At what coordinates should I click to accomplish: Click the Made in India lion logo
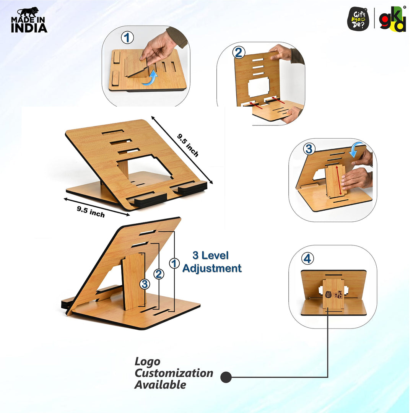(x=29, y=20)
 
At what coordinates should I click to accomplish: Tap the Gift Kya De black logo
(x=358, y=19)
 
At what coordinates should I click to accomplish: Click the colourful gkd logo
(x=392, y=19)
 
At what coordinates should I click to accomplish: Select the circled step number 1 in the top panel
(x=127, y=37)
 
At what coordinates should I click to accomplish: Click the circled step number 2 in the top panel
(x=239, y=52)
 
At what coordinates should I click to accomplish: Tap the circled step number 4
(x=307, y=259)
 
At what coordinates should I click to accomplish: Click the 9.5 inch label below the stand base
(x=91, y=212)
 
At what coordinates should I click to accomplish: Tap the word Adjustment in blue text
(x=212, y=268)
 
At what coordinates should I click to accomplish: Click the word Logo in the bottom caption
(x=147, y=362)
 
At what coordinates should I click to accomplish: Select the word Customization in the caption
(x=174, y=373)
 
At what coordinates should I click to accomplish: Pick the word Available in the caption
(x=160, y=385)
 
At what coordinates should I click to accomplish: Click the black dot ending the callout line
(x=226, y=377)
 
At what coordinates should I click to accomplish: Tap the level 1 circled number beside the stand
(x=174, y=263)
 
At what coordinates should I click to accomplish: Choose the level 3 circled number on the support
(x=145, y=284)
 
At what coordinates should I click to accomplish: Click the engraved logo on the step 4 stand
(x=334, y=294)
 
